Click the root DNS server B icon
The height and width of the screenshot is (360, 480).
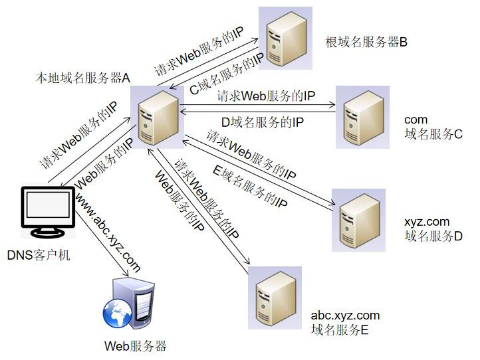(x=285, y=38)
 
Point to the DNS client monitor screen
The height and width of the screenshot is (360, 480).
(x=47, y=208)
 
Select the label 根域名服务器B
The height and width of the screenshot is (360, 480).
(x=366, y=43)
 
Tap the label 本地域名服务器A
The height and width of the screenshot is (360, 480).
(x=82, y=78)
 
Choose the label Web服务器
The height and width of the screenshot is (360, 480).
(x=135, y=346)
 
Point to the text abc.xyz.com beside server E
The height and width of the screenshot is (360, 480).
(x=345, y=315)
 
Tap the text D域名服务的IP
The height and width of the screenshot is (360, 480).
(x=263, y=122)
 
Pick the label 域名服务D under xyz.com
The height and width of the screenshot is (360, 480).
(x=433, y=236)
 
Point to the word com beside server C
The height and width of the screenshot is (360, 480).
(x=416, y=120)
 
